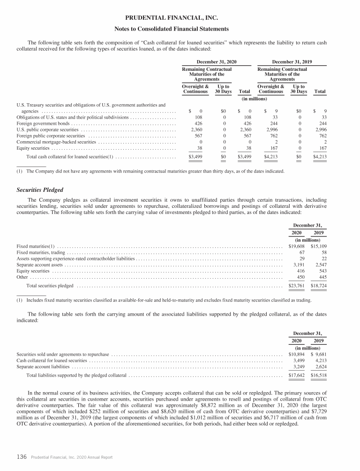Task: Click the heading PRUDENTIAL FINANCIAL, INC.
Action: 180,18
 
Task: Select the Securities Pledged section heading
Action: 40,190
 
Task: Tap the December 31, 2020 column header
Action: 216,61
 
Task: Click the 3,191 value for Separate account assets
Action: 298,264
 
